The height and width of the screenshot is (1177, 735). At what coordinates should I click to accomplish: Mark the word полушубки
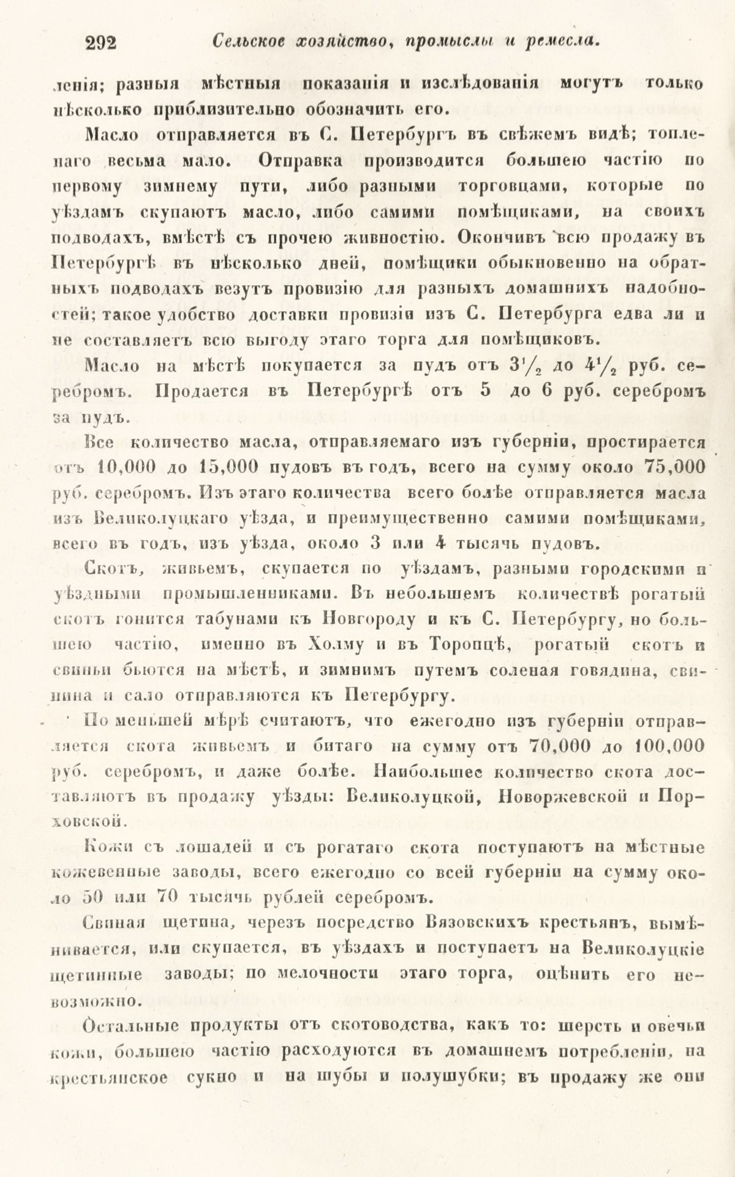(445, 1077)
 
